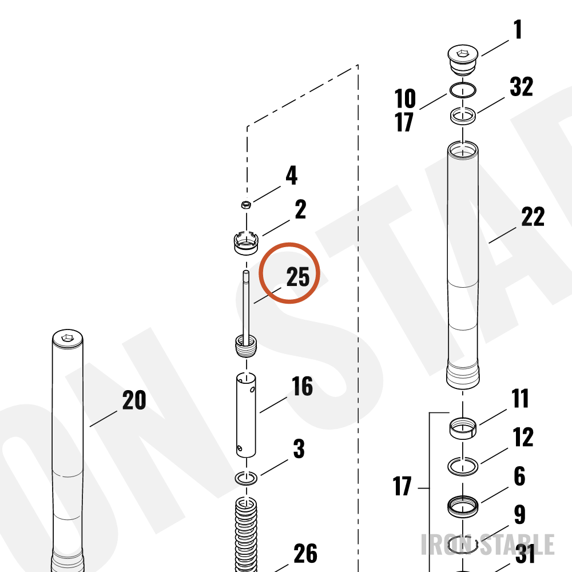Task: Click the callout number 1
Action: pyautogui.click(x=517, y=29)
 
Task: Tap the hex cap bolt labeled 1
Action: pyautogui.click(x=463, y=60)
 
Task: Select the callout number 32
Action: pyautogui.click(x=521, y=87)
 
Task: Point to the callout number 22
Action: pyautogui.click(x=533, y=217)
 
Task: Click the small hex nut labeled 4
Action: pyautogui.click(x=246, y=204)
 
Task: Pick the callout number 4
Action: pyautogui.click(x=292, y=176)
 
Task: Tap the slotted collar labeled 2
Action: pyautogui.click(x=246, y=242)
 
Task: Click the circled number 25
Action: pyautogui.click(x=297, y=276)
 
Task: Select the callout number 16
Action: pyautogui.click(x=302, y=386)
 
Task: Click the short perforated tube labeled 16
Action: pyautogui.click(x=246, y=415)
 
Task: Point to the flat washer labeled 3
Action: pyautogui.click(x=246, y=478)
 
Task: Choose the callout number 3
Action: pyautogui.click(x=299, y=448)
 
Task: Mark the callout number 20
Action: pyautogui.click(x=134, y=400)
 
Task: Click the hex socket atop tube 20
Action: pyautogui.click(x=67, y=338)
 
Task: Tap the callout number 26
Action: pyautogui.click(x=305, y=553)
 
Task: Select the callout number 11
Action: pyautogui.click(x=520, y=398)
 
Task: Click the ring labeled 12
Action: pyautogui.click(x=463, y=466)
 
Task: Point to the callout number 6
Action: pyautogui.click(x=519, y=476)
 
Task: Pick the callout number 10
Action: pyautogui.click(x=405, y=98)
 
